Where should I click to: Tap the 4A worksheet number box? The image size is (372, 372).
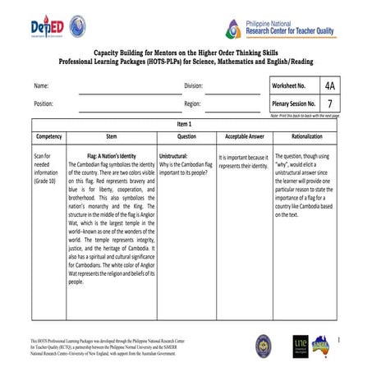coord(329,85)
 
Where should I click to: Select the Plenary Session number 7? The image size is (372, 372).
coord(329,104)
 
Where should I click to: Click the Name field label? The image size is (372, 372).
coord(40,85)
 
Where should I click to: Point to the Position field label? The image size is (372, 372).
coord(44,104)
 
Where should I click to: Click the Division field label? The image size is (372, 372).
coord(193,85)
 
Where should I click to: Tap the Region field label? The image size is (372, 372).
coord(192,104)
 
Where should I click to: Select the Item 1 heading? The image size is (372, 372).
coord(185,124)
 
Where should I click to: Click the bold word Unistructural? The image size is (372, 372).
coord(174,155)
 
